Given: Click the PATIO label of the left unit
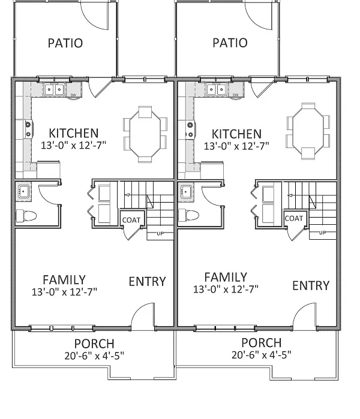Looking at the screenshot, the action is coord(65,43).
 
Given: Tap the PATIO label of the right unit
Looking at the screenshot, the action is coord(230,43).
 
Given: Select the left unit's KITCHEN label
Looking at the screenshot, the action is coord(74,133).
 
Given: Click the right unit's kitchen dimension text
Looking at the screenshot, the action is coord(236,146).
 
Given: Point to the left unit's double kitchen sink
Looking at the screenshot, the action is coord(54,89).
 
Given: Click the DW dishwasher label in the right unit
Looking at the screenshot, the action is coord(235,95).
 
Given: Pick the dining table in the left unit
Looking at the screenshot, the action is coord(145,134).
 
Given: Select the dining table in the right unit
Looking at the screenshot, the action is coord(308,131).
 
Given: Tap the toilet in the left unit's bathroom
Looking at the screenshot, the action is coord(26,216).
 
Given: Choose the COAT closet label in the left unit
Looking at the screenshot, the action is coord(131,220).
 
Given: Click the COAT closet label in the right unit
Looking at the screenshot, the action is coord(294,219).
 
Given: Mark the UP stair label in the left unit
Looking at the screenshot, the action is coord(160,234).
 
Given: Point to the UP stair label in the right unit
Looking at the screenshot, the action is coord(323,233).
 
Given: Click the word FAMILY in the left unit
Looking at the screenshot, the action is coord(64,280).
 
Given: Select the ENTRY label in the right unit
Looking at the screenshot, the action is coord(311,286).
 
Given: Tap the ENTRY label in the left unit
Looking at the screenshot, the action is coord(148,282).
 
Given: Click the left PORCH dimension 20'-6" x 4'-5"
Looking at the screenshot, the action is coord(94,356).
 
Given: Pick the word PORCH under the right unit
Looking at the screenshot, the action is coord(262,343).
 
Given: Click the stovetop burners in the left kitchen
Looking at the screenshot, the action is coord(28,129).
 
